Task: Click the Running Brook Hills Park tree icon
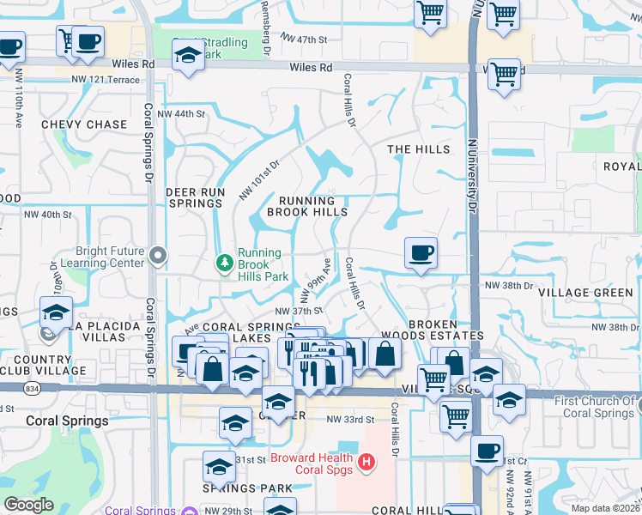click(224, 262)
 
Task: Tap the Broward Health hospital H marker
click(366, 463)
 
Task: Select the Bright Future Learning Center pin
click(157, 255)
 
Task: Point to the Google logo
click(28, 505)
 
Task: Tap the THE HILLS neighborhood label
click(418, 149)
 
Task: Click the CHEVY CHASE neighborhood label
click(84, 124)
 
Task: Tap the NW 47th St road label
click(305, 40)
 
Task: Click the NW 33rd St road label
click(351, 420)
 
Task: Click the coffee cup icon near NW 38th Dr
click(421, 254)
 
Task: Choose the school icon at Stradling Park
click(187, 57)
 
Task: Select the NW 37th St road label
click(298, 312)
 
